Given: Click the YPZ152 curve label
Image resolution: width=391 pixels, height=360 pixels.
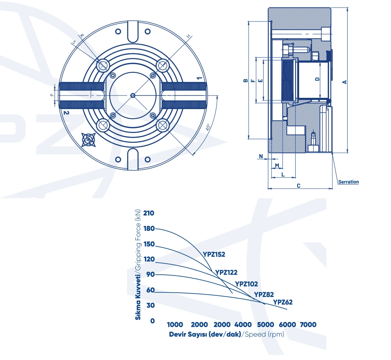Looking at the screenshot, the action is [214, 254].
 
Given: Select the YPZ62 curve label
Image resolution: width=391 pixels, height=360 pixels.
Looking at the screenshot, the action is [283, 302].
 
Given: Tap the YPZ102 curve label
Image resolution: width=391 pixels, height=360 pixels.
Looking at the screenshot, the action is [246, 284].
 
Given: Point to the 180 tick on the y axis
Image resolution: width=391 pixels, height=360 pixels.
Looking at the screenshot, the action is [149, 229].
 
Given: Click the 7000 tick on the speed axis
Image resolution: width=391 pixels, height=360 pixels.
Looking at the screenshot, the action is [308, 324].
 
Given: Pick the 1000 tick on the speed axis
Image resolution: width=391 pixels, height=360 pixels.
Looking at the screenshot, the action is [175, 324].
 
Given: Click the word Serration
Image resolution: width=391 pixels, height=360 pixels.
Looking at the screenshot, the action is [349, 182].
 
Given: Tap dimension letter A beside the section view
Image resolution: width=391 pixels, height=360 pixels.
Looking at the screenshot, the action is [344, 82].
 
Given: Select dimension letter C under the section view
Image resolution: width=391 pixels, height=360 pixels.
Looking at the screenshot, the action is [298, 185].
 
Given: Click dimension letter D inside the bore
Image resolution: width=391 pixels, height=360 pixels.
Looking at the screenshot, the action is [317, 79].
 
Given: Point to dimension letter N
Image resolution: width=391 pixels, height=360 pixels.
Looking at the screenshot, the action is [261, 157].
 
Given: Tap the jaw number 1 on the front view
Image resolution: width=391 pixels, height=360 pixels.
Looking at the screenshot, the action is [199, 78].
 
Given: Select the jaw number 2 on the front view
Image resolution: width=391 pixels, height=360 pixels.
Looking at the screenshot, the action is [66, 113].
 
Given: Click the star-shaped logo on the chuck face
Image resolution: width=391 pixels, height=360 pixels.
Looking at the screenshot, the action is [88, 140].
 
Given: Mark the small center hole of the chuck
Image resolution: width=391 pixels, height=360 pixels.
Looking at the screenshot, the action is [133, 95].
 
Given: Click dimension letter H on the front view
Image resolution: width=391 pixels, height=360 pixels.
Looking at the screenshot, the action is [189, 36].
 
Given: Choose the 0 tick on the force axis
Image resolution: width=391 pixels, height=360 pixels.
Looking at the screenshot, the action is [152, 321].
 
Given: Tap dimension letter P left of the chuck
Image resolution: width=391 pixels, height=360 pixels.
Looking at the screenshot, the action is [52, 95].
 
